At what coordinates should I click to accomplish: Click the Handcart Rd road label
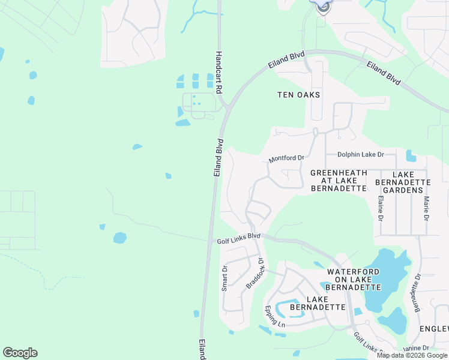pos(219,71)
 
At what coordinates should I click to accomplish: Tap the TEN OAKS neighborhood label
pos(298,95)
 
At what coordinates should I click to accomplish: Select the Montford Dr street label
pos(286,158)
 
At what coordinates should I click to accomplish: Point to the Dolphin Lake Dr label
pos(360,154)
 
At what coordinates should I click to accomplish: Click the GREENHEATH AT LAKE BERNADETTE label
pos(339,181)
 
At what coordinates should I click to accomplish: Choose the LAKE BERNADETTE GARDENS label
pos(402,182)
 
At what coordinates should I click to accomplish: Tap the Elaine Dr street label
pos(381,206)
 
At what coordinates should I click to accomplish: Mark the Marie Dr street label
pos(426,208)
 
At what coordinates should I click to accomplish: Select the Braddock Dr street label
pos(255,274)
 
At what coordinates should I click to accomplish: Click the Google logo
pos(20,353)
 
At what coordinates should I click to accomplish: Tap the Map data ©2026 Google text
pos(412,355)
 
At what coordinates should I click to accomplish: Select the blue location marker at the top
pos(322,6)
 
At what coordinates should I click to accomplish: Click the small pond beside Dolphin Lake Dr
pos(411,156)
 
